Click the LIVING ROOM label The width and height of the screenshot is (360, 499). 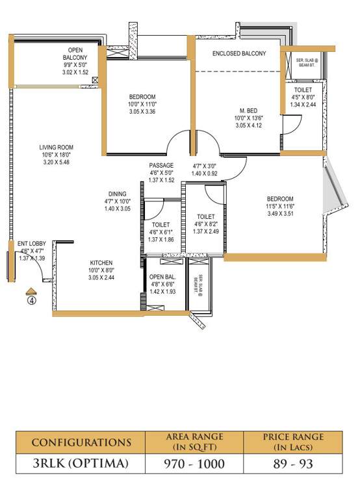pyautogui.click(x=56, y=147)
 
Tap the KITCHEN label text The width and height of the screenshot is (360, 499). pyautogui.click(x=101, y=262)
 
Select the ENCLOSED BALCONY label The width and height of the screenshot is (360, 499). pyautogui.click(x=239, y=53)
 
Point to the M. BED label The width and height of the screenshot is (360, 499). pyautogui.click(x=247, y=110)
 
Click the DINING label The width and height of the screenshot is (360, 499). pyautogui.click(x=118, y=194)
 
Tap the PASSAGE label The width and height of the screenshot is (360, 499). pyautogui.click(x=161, y=165)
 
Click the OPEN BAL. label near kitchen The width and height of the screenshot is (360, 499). pyautogui.click(x=162, y=277)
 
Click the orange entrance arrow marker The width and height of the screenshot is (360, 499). pyautogui.click(x=30, y=290)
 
